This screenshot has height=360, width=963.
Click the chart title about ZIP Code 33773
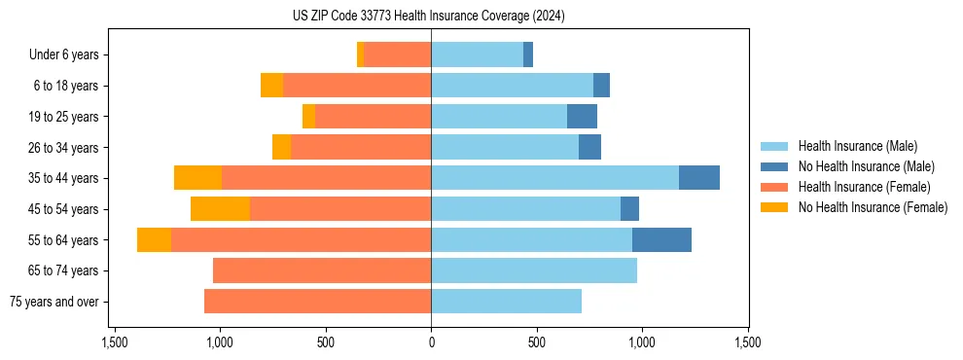[428, 17]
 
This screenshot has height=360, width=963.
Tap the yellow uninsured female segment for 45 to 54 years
[220, 209]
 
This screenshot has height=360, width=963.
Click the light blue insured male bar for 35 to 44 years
[554, 178]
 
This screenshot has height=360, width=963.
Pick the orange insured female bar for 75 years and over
[317, 302]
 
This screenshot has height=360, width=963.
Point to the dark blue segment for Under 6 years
[528, 55]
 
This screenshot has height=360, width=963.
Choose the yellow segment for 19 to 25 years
[308, 117]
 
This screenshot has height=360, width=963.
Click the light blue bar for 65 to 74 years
[534, 270]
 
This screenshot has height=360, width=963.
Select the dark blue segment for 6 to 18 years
[601, 86]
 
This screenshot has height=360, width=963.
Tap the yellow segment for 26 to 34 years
[281, 148]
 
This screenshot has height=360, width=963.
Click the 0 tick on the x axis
[431, 343]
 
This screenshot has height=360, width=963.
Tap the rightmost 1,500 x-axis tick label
[747, 343]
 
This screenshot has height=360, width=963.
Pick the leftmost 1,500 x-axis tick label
[114, 343]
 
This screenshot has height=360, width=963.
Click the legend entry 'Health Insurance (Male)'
[857, 146]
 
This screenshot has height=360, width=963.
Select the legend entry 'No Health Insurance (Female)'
[873, 207]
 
